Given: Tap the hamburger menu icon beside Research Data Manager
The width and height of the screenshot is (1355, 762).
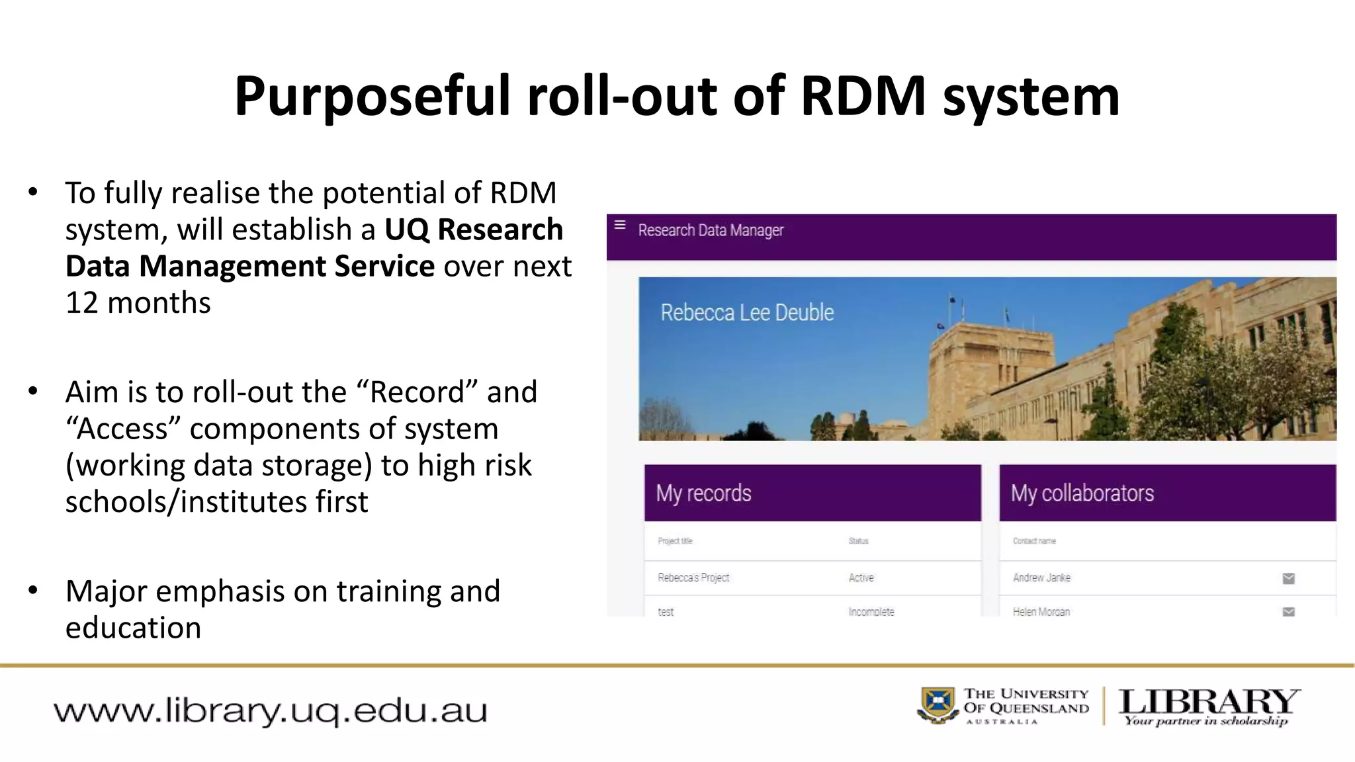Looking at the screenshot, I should click(x=620, y=225).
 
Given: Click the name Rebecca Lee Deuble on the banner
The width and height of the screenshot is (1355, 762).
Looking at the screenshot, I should click(x=747, y=312).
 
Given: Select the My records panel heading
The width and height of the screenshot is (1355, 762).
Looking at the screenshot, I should click(x=703, y=493).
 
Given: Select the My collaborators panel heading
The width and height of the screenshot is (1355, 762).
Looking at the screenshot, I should click(x=1082, y=493).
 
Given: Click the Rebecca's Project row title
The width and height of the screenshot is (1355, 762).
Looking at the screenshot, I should click(x=693, y=577).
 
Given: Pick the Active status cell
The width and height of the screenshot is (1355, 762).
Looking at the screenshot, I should click(x=861, y=577).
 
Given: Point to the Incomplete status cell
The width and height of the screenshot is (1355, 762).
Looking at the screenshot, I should click(x=871, y=611).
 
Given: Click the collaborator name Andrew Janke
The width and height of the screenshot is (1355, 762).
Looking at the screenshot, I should click(x=1041, y=577).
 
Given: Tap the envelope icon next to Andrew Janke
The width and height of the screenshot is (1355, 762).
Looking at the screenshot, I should click(x=1288, y=578).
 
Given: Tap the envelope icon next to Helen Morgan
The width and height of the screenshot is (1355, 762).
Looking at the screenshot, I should click(x=1288, y=611).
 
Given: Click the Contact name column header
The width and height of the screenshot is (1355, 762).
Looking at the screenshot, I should click(x=1034, y=541).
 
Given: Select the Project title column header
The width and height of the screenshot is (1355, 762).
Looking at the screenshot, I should click(x=675, y=541).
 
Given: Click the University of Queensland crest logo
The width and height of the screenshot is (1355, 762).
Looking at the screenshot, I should click(x=938, y=705).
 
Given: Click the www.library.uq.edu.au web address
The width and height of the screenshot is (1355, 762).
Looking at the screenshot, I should click(x=270, y=711).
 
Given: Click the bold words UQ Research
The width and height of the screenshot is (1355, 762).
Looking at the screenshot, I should click(x=473, y=230).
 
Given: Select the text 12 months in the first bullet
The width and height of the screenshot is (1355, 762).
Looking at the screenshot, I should click(x=138, y=303).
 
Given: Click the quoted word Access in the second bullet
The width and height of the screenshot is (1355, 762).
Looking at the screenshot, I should click(x=123, y=429).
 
